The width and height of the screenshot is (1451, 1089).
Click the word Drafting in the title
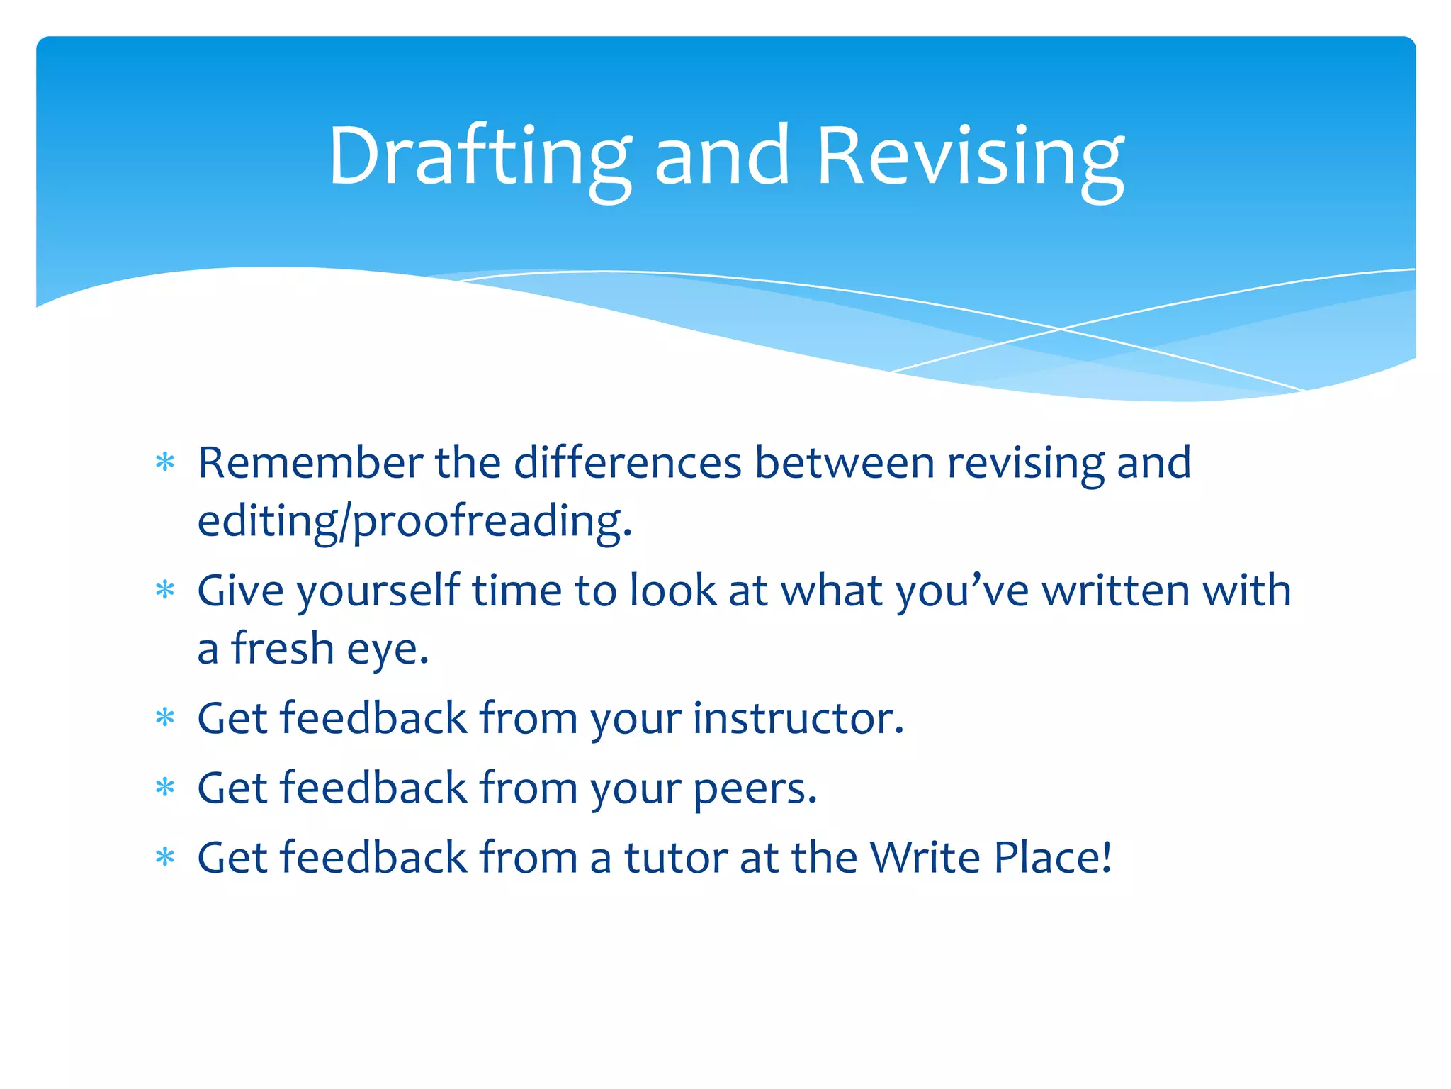(479, 157)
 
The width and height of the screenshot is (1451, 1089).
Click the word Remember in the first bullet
(310, 463)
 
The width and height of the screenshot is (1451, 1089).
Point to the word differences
(627, 463)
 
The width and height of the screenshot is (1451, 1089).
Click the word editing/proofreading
(414, 522)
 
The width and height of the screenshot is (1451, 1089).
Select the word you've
(962, 591)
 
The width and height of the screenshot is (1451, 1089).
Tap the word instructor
(798, 718)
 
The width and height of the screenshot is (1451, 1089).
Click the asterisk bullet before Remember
(165, 463)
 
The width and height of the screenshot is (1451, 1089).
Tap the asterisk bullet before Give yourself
(165, 590)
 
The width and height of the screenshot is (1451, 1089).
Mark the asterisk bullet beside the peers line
(165, 787)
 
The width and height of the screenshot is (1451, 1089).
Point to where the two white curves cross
(1060, 329)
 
